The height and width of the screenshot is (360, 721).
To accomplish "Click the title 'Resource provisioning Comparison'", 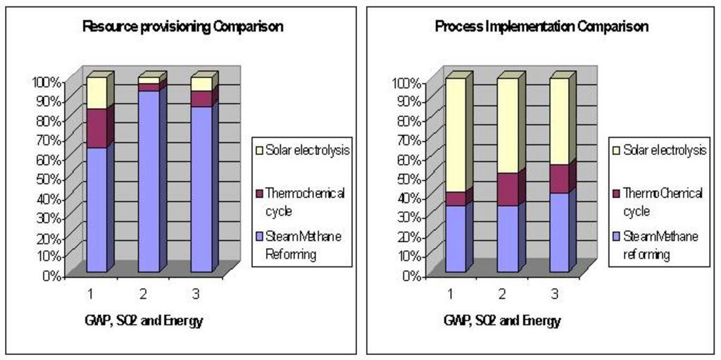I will coord(183,27).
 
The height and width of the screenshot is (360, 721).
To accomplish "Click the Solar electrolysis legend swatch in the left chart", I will coord(259,150).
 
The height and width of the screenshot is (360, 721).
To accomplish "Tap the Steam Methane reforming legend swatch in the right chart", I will coord(616,237).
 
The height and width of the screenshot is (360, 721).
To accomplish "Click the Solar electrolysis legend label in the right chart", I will coord(665,151).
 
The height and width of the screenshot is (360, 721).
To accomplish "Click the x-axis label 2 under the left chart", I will coord(143,292).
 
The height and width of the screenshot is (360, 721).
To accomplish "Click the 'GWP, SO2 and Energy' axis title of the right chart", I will coord(502,321).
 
